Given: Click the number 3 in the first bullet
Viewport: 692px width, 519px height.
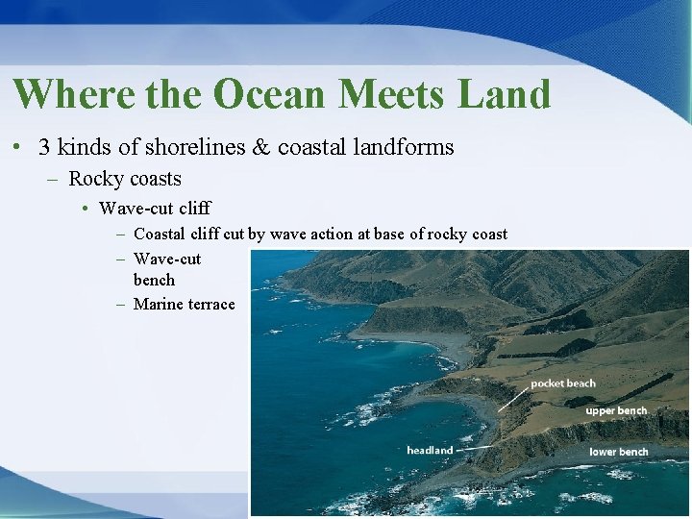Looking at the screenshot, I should (x=44, y=147).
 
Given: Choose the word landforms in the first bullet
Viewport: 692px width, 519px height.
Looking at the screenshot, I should (x=408, y=147).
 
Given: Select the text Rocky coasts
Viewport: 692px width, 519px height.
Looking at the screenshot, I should (x=125, y=179).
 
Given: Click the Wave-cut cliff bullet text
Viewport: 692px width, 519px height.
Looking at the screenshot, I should (x=154, y=209).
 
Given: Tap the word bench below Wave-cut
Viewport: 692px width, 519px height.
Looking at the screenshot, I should (x=154, y=280).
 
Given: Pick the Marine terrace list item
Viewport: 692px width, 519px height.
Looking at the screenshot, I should (x=184, y=305).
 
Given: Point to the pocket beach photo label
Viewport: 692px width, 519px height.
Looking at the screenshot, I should (x=562, y=383).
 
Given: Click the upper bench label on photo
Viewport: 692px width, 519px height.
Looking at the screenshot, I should (x=616, y=410).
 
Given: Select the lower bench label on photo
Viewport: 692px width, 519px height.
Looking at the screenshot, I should (x=618, y=452).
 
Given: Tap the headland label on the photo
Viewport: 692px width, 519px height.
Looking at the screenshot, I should (x=430, y=450).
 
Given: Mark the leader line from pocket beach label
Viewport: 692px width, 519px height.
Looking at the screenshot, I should (x=514, y=397).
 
